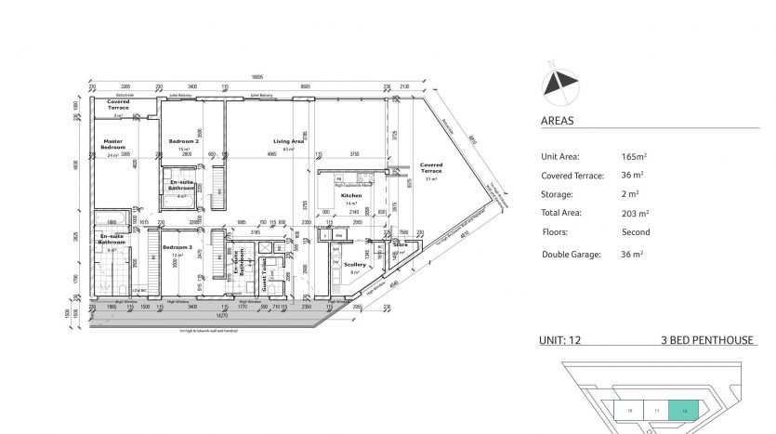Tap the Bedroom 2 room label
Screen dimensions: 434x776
point(185,140)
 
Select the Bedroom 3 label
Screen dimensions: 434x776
point(178,248)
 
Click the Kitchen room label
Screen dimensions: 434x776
point(350,196)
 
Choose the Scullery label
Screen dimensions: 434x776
point(354,265)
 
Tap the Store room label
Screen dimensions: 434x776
point(401,245)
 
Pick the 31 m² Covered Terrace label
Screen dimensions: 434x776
point(431,168)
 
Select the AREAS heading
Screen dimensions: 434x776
point(558,121)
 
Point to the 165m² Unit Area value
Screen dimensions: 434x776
point(635,157)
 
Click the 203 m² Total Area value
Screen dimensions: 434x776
point(636,214)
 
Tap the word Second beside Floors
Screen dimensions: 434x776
point(636,232)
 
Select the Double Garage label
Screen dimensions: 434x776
point(572,254)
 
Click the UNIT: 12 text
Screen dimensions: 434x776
point(559,341)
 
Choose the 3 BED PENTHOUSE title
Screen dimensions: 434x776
point(706,341)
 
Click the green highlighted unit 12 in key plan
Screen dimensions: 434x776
point(685,409)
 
